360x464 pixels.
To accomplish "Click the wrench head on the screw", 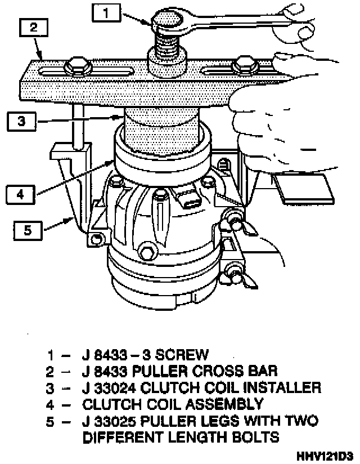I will (169, 20).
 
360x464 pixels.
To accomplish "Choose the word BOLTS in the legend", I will (254, 436).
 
